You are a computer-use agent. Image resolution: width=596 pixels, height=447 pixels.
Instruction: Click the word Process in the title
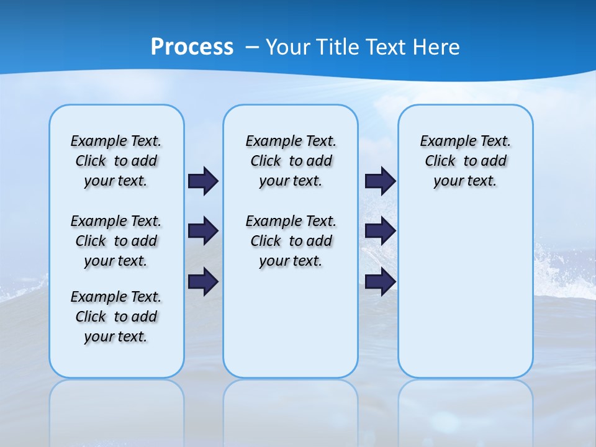[x=192, y=47]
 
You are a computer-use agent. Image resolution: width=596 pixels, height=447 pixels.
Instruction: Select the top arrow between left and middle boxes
[x=203, y=181]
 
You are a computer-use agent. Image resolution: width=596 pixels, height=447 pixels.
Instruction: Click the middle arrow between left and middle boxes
[x=203, y=231]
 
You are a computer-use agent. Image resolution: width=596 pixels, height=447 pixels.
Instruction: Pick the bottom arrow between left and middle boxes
[x=203, y=281]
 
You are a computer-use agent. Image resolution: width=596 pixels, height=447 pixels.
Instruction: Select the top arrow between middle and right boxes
[x=380, y=181]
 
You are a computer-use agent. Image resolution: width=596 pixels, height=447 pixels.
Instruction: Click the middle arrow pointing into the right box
[x=380, y=231]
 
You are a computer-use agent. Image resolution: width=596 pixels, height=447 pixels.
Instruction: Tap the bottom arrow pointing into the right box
[x=380, y=281]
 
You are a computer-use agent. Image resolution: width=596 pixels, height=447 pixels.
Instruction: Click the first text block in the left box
[x=116, y=161]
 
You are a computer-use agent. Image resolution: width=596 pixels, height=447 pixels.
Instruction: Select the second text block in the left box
[x=116, y=241]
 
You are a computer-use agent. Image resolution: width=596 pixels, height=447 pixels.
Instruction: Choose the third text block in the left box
[x=116, y=317]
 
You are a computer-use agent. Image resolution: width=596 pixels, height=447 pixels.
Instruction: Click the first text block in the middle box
[x=291, y=161]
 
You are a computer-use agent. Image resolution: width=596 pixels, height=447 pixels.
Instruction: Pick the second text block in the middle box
[x=291, y=241]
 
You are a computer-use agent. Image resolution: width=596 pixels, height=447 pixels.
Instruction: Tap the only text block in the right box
[x=465, y=161]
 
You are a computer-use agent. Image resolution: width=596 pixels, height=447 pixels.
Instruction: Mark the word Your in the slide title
[x=287, y=47]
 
